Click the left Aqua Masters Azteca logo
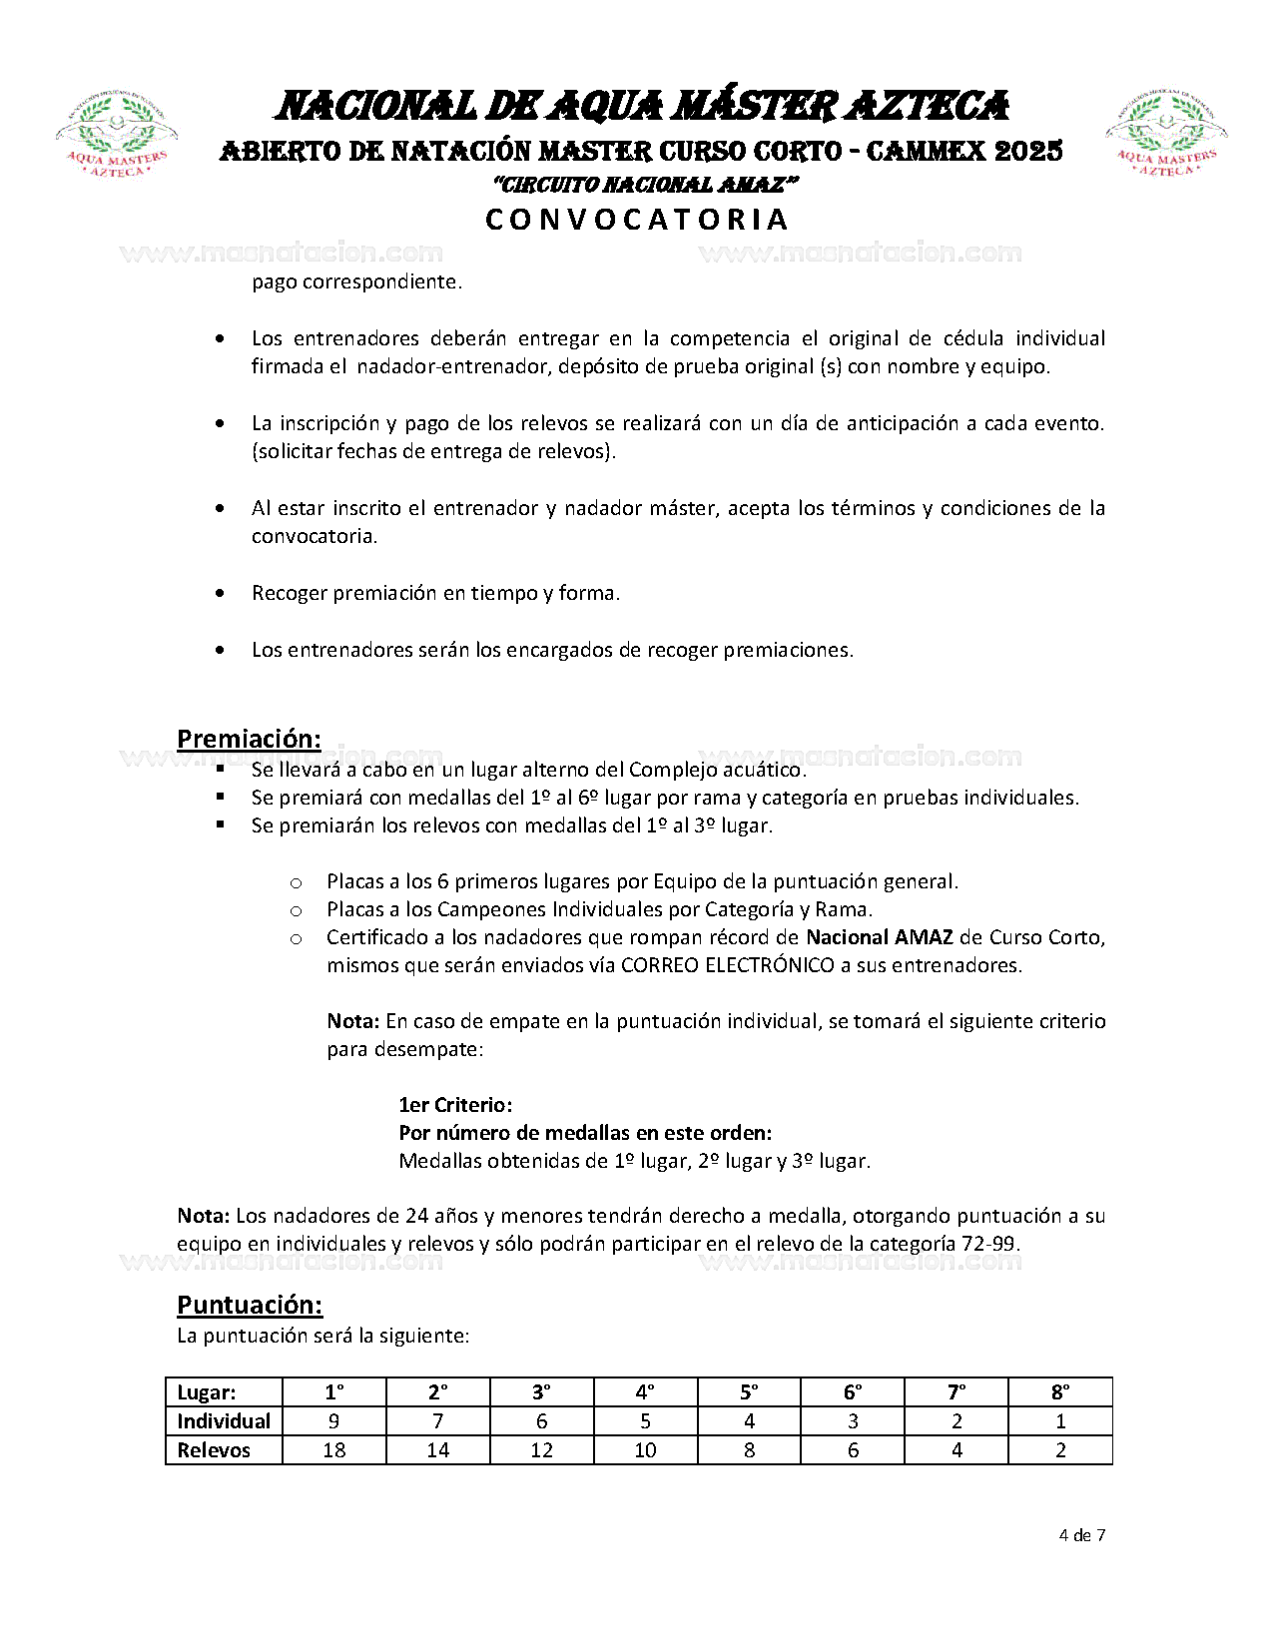coord(117,135)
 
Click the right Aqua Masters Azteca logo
coord(1165,135)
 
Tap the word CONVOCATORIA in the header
coord(637,220)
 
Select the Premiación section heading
coord(249,739)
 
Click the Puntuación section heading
coord(250,1305)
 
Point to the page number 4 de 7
coord(1081,1535)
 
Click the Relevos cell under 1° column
coord(334,1450)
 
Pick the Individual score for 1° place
coord(334,1421)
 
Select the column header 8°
coord(1060,1392)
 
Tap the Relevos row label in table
coord(214,1450)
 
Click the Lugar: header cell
coord(207,1392)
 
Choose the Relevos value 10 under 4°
coord(645,1450)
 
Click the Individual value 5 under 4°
coord(645,1421)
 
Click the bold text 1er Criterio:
coord(455,1105)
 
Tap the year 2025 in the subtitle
coord(1028,152)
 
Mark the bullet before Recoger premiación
coord(220,594)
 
